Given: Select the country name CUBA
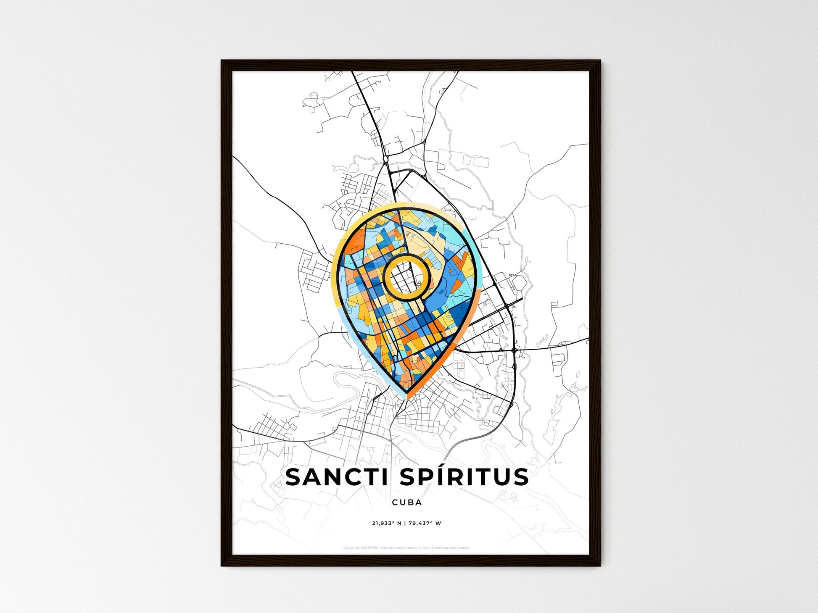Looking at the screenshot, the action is coord(406,502).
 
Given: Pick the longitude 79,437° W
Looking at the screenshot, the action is coord(425,524).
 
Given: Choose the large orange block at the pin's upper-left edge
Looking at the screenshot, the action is coord(351,248).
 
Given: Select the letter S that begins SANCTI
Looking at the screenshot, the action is coord(293,477).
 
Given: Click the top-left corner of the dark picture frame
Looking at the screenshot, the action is coord(222,61).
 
